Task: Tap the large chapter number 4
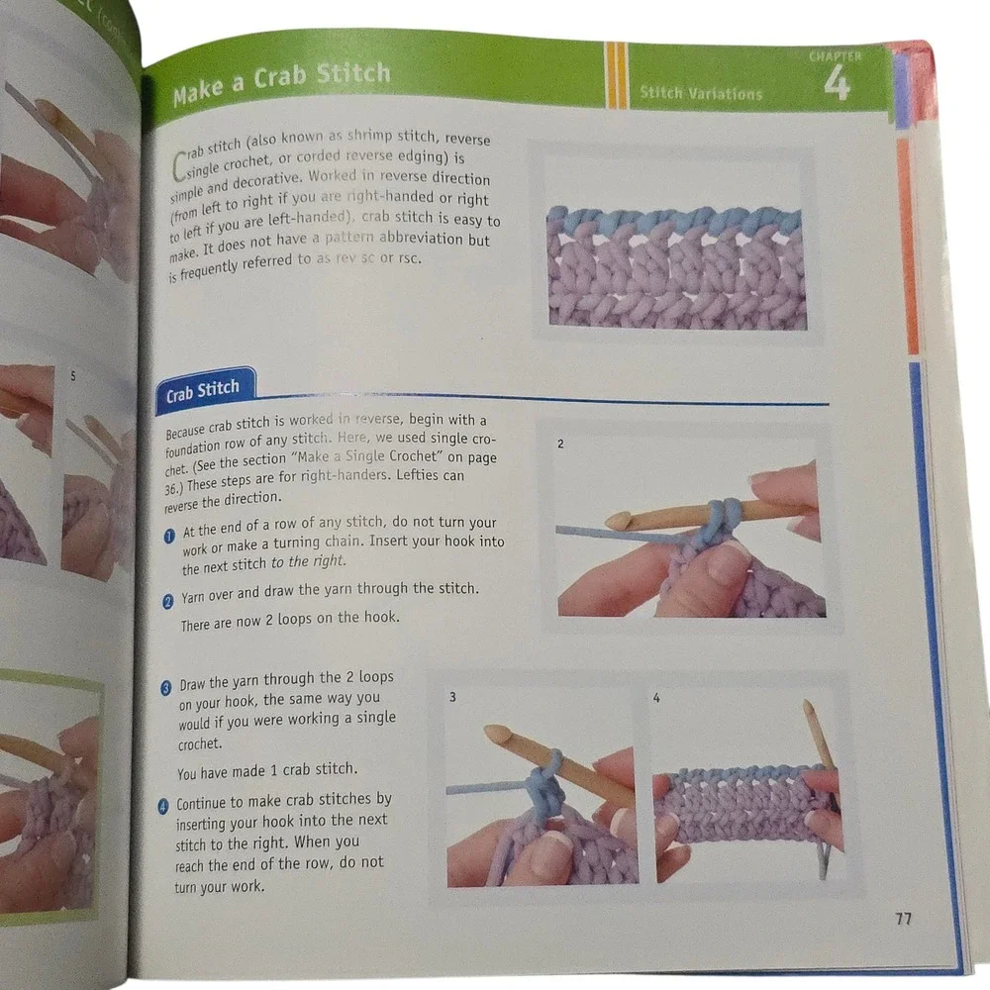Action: click(x=836, y=83)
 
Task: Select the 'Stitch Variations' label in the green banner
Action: click(x=701, y=93)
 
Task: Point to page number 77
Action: click(x=904, y=919)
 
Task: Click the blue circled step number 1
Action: click(x=169, y=536)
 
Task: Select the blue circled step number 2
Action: click(x=168, y=602)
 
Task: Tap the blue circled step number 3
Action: click(x=166, y=688)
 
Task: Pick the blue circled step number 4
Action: click(x=163, y=806)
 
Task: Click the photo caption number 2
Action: click(x=560, y=444)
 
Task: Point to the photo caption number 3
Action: click(x=452, y=696)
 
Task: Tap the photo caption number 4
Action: click(x=656, y=697)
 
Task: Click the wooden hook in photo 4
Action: click(x=819, y=734)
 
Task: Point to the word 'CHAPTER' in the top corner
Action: click(x=835, y=56)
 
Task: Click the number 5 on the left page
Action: click(x=72, y=375)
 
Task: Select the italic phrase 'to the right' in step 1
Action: click(x=308, y=562)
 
